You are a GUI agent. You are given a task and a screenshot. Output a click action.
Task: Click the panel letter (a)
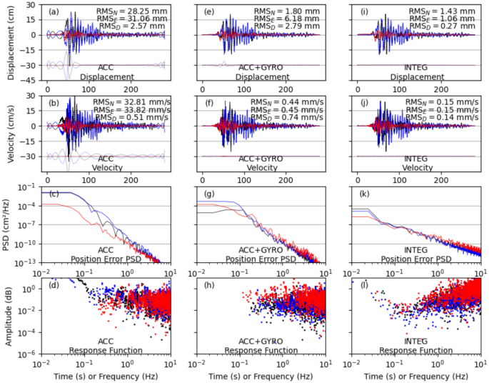click(54, 12)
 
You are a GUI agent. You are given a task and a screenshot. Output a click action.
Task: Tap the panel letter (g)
click(211, 195)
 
